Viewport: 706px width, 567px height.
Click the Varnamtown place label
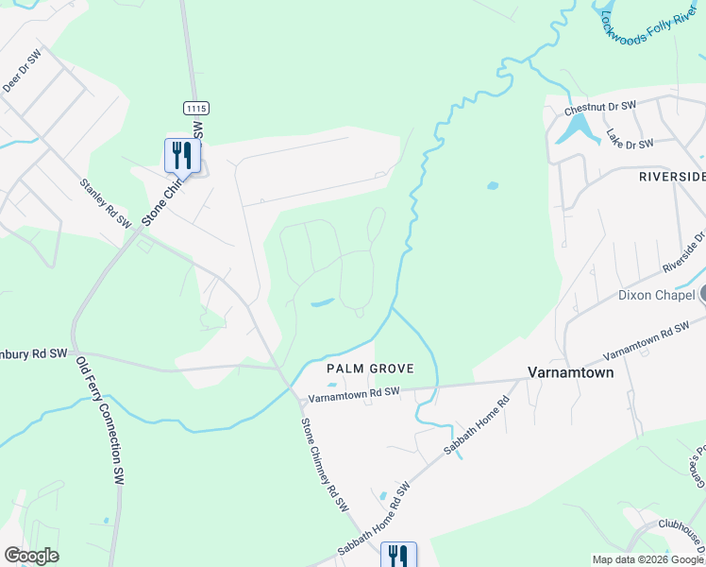tap(569, 372)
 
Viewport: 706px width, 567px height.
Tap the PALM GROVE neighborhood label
tap(360, 367)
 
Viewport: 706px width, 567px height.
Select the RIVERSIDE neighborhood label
tap(672, 177)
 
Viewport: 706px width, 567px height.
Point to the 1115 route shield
tap(195, 109)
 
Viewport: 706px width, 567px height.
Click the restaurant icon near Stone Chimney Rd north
tap(182, 154)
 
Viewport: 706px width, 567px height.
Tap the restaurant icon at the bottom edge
tap(398, 555)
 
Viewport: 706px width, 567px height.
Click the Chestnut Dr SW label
tap(600, 110)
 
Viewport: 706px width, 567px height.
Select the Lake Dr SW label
tap(630, 139)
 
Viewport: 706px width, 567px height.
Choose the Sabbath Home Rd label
tap(478, 424)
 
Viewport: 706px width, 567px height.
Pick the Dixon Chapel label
tap(657, 295)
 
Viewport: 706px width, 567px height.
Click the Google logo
tap(31, 556)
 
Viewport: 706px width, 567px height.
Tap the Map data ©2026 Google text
tap(647, 559)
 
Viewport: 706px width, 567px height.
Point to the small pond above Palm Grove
tap(321, 303)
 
